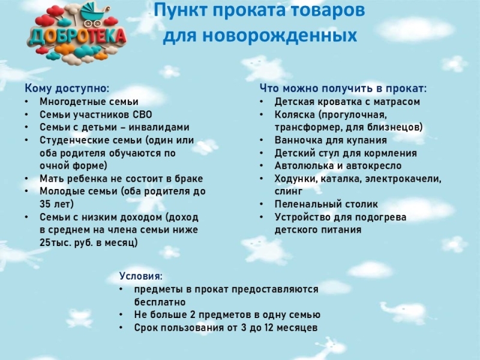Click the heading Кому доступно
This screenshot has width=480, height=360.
tap(67, 89)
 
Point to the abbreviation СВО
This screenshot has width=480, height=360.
tap(142, 115)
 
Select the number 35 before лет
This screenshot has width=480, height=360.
tap(45, 204)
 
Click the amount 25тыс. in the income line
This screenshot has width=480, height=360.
tap(55, 243)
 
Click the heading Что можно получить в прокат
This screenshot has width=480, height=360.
tap(343, 88)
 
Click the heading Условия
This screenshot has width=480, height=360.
tap(141, 276)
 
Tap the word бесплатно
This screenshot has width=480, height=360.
tap(160, 302)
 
